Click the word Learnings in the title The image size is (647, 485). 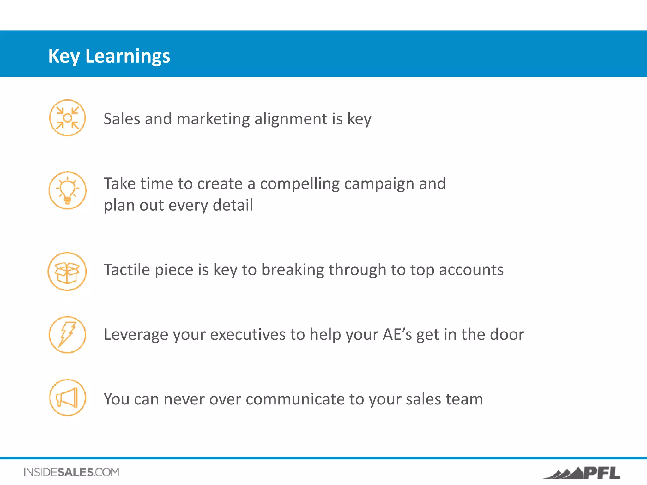coord(128,56)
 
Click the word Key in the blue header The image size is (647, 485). coord(64,56)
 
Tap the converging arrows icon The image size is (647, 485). coord(67,118)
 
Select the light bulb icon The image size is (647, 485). coord(67,190)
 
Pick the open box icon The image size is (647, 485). coord(67,272)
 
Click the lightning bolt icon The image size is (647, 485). coord(67,335)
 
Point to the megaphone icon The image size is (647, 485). coord(67,398)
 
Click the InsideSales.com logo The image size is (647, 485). coord(71,472)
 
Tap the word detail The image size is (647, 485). coord(233,205)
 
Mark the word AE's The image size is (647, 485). coord(397,334)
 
